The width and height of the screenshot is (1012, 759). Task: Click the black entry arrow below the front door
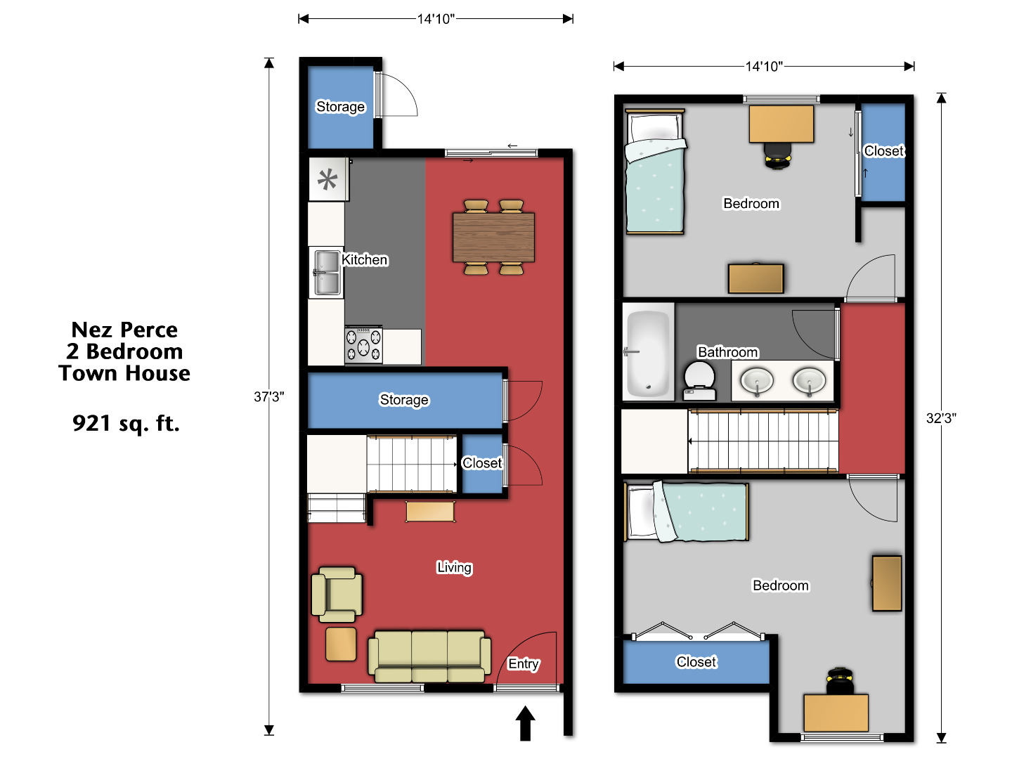click(525, 723)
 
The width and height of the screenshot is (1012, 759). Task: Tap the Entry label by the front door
click(524, 663)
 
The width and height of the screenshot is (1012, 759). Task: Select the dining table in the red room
click(494, 237)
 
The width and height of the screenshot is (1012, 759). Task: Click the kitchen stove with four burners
click(363, 345)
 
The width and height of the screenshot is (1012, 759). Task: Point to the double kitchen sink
click(327, 272)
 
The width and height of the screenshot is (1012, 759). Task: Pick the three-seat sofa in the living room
click(429, 656)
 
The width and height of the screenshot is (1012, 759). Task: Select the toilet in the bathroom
click(699, 380)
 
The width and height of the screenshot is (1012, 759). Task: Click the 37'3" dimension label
click(269, 397)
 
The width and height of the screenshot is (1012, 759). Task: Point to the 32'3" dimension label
click(941, 418)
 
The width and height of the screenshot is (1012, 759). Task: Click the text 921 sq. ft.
click(126, 423)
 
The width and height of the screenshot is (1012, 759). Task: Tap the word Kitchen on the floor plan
click(365, 260)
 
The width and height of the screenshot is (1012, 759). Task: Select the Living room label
click(454, 567)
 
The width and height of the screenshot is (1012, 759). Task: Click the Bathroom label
click(727, 352)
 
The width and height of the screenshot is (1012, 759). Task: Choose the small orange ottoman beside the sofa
click(341, 644)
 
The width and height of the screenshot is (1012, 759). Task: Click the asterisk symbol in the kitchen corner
click(327, 180)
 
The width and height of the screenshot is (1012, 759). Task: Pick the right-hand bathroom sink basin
click(809, 382)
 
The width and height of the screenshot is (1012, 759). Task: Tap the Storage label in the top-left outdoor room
click(340, 107)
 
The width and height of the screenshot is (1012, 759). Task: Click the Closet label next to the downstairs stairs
click(482, 463)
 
